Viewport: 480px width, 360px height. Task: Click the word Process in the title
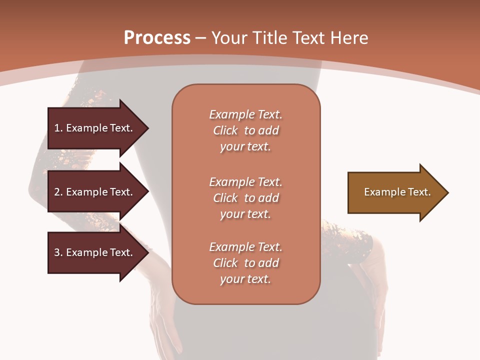pyautogui.click(x=157, y=38)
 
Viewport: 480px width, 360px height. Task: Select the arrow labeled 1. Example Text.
pyautogui.click(x=95, y=128)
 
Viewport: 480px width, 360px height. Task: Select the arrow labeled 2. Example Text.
pyautogui.click(x=95, y=192)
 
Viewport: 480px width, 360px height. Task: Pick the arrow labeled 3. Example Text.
pyautogui.click(x=95, y=252)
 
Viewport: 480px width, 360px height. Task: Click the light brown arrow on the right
pyautogui.click(x=395, y=192)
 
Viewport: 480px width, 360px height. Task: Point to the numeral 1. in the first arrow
pyautogui.click(x=58, y=128)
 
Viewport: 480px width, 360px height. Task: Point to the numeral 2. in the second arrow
pyautogui.click(x=58, y=192)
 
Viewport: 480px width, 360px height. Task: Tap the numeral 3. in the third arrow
pyautogui.click(x=58, y=252)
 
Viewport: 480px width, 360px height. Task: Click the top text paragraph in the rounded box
pyautogui.click(x=245, y=130)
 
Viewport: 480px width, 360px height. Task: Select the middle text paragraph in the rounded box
pyautogui.click(x=245, y=198)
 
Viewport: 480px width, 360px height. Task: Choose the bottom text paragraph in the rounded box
pyautogui.click(x=245, y=263)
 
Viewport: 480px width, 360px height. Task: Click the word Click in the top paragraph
pyautogui.click(x=225, y=130)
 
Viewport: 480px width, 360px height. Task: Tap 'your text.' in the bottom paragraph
pyautogui.click(x=245, y=279)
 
